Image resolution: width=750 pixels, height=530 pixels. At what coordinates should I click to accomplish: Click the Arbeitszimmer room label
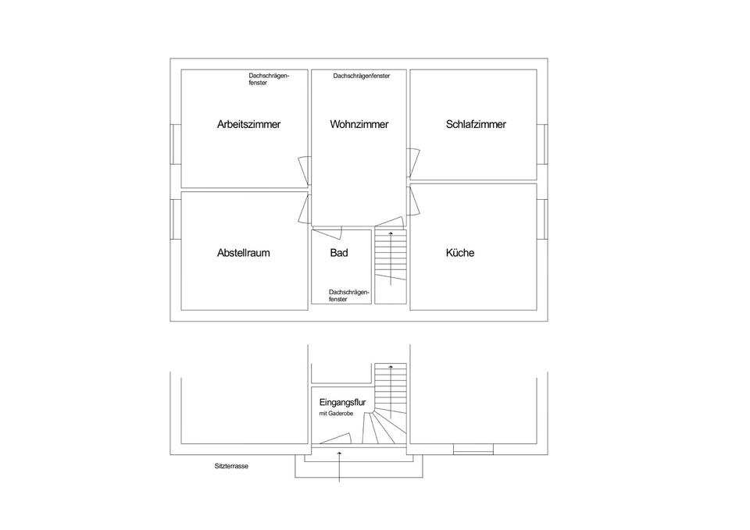pyautogui.click(x=248, y=124)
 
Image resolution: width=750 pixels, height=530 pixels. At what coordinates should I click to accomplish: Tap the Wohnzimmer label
pyautogui.click(x=359, y=124)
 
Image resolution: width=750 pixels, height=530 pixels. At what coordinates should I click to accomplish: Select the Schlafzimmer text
pyautogui.click(x=476, y=124)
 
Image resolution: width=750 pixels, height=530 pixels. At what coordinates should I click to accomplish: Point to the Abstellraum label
pyautogui.click(x=243, y=253)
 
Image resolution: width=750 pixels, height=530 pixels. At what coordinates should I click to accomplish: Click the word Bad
pyautogui.click(x=339, y=253)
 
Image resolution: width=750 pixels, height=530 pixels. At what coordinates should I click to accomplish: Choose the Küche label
pyautogui.click(x=460, y=253)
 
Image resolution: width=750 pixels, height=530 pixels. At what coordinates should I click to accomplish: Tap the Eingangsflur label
pyautogui.click(x=343, y=402)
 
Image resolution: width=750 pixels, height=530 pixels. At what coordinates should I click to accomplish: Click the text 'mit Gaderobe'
pyautogui.click(x=336, y=414)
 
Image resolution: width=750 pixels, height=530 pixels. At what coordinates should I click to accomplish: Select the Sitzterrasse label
pyautogui.click(x=231, y=466)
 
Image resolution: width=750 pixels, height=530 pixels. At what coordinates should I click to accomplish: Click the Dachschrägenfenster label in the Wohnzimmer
pyautogui.click(x=361, y=76)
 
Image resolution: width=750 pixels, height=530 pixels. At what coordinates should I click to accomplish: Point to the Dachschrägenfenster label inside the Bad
pyautogui.click(x=348, y=295)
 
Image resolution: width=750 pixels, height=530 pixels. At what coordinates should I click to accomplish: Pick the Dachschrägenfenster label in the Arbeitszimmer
pyautogui.click(x=269, y=79)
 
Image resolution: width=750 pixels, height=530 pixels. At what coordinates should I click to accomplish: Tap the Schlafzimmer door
pyautogui.click(x=413, y=162)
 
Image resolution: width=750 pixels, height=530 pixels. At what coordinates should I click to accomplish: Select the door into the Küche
pyautogui.click(x=413, y=199)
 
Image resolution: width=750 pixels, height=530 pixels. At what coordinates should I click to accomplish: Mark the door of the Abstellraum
pyautogui.click(x=303, y=208)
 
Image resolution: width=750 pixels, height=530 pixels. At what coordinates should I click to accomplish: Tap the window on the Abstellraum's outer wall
pyautogui.click(x=177, y=220)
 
